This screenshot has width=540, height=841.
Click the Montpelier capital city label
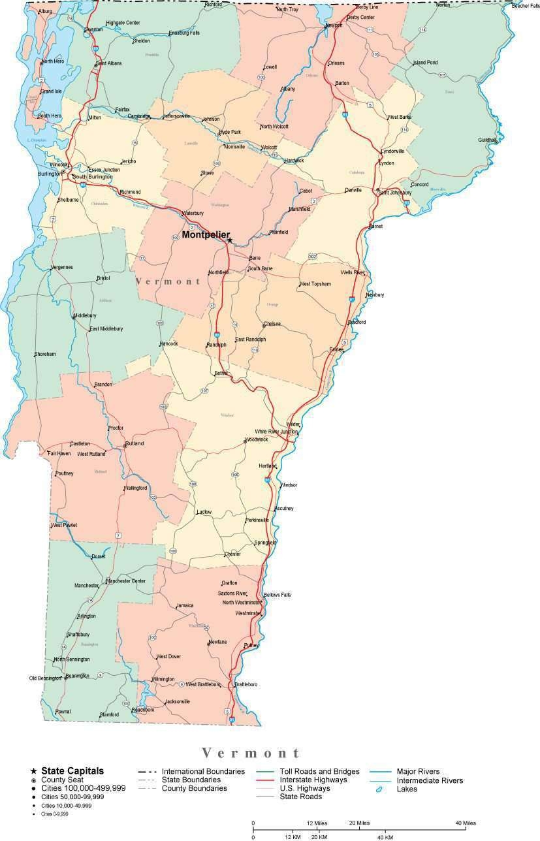click(206, 234)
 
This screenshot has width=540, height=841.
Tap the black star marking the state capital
click(230, 240)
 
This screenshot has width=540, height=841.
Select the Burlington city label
click(50, 174)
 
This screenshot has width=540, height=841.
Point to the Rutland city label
click(135, 443)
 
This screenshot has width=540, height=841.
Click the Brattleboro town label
click(246, 684)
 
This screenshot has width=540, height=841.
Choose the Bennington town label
click(77, 676)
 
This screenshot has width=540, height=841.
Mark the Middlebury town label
click(85, 315)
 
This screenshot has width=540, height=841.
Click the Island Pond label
click(425, 63)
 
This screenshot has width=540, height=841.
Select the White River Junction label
click(276, 432)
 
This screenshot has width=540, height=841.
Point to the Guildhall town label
click(487, 140)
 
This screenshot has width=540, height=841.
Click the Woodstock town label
click(257, 439)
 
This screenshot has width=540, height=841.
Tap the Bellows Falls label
click(278, 595)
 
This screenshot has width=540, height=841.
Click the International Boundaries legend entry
click(203, 771)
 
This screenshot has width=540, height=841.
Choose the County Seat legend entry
click(63, 780)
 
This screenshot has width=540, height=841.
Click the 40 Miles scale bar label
click(466, 823)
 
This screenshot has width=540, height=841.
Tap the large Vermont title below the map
click(251, 753)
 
